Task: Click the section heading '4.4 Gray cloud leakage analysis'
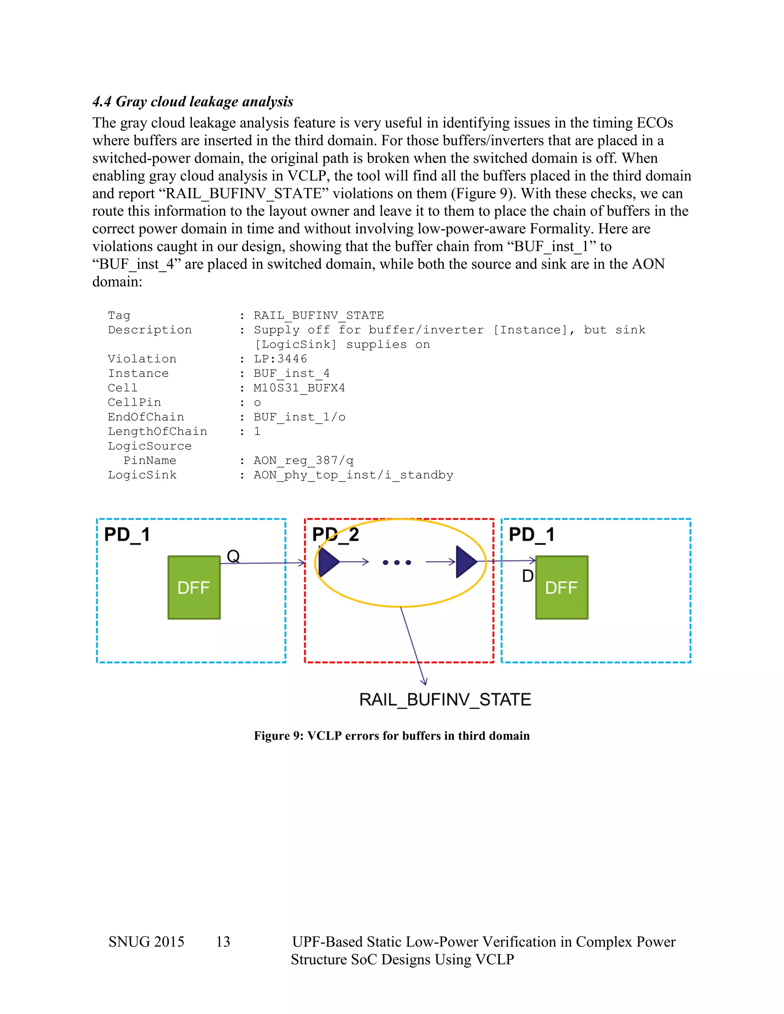pos(193,102)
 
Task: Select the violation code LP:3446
pos(280,359)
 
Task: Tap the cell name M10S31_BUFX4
pos(299,388)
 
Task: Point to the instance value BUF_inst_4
pos(291,373)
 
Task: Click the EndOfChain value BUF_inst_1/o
pos(299,417)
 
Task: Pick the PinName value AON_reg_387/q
pos(303,461)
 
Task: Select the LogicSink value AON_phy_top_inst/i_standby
pos(353,475)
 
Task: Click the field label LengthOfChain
pos(157,431)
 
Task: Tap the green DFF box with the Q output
pos(194,587)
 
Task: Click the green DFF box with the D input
pos(562,587)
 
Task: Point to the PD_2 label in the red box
pos(335,535)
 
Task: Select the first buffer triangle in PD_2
pos(329,562)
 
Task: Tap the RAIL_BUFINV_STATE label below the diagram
pos(445,700)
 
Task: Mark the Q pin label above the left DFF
pos(233,556)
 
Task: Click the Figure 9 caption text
pos(392,736)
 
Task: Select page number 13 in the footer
pos(223,942)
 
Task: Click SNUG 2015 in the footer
pos(146,942)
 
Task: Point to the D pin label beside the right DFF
pos(528,576)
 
